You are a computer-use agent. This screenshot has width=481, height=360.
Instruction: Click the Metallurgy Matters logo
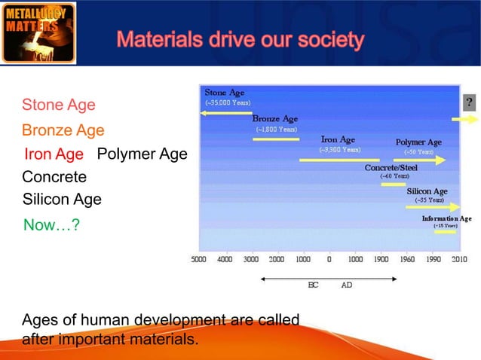(38, 32)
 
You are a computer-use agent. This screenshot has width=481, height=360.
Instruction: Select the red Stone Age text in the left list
(59, 105)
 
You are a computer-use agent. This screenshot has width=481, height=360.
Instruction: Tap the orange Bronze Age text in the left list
(63, 130)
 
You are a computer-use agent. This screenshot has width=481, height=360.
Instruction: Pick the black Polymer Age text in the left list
(142, 154)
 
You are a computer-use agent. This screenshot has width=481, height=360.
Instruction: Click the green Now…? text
(52, 224)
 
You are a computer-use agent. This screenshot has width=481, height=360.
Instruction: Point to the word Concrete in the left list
(54, 178)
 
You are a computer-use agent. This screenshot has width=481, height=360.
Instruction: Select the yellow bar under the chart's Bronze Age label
(276, 139)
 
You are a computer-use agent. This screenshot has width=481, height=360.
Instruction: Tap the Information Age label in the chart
(446, 218)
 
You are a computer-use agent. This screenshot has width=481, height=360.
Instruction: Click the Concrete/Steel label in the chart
(391, 167)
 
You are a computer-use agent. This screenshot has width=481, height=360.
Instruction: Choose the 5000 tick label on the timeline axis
(198, 259)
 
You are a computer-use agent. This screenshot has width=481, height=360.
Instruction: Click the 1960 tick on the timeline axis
(408, 259)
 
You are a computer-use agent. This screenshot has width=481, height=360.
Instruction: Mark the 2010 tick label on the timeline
(459, 259)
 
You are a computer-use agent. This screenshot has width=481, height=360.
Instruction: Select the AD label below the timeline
(347, 286)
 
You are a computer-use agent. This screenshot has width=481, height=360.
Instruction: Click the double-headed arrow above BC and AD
(329, 278)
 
